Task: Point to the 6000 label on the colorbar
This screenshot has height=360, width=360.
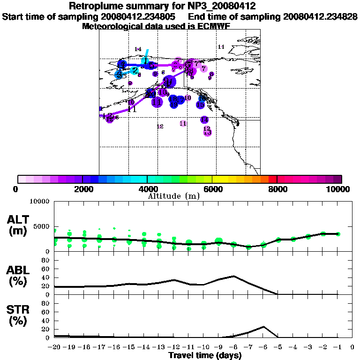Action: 212,189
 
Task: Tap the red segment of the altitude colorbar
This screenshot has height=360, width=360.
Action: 273,179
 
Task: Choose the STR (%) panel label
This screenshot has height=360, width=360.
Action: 19,315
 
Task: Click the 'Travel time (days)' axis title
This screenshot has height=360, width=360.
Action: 205,356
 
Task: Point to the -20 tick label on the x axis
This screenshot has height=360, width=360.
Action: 55,347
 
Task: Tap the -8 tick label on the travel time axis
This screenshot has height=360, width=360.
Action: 233,347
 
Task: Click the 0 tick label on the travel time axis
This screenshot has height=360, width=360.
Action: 352,347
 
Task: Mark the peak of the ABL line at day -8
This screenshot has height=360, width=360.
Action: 233,276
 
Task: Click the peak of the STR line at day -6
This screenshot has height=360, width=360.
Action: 263,327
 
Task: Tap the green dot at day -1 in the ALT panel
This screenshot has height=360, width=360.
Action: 337,234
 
